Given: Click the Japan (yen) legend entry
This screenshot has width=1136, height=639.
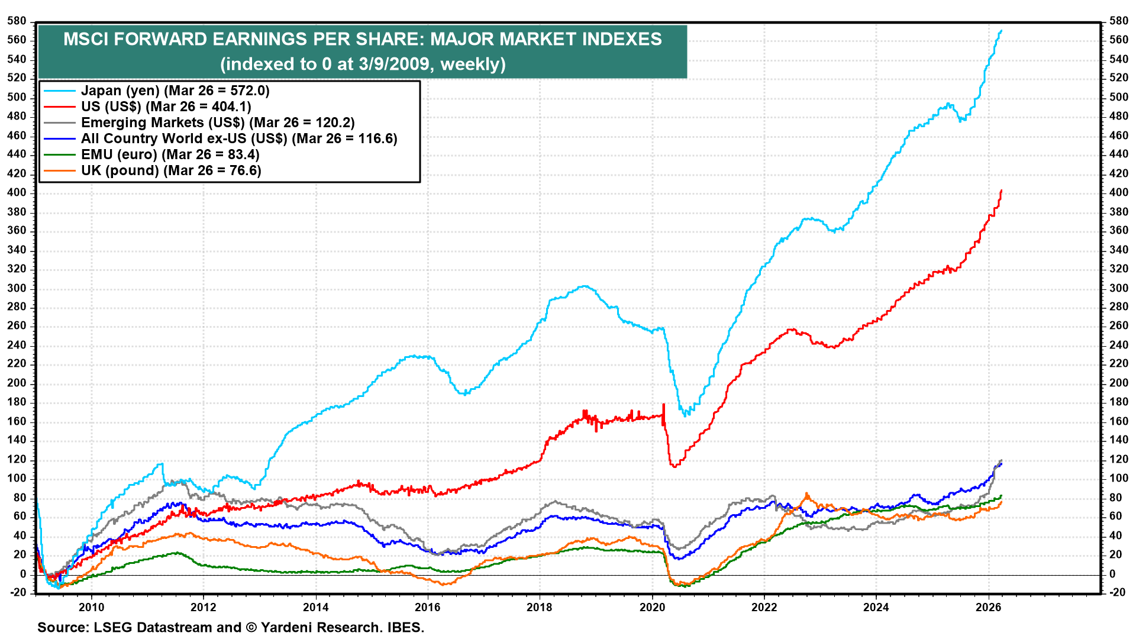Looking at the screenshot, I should (x=175, y=91).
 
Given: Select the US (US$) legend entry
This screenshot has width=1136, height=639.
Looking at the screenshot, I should (x=166, y=106).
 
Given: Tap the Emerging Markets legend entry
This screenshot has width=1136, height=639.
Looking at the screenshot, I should (x=218, y=122).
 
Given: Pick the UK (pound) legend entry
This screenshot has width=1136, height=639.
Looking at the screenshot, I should (x=171, y=170).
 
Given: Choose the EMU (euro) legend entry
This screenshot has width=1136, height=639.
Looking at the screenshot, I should (x=170, y=154).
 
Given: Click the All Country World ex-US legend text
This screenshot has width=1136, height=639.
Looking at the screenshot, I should (x=239, y=138).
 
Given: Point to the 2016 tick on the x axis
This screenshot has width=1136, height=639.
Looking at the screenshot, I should (x=427, y=607).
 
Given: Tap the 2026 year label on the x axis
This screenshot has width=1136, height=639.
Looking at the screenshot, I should (x=987, y=607).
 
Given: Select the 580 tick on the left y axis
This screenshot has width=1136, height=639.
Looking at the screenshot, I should (x=17, y=21).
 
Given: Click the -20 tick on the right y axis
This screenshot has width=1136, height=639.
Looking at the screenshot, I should (x=1117, y=592).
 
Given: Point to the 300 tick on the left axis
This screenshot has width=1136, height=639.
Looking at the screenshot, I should (x=17, y=288).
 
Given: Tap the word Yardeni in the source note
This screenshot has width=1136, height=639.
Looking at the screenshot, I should (x=291, y=627).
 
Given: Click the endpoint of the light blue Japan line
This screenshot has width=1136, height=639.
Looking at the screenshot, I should (x=1001, y=30).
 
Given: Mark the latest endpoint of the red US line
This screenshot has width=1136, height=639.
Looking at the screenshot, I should (x=1001, y=191).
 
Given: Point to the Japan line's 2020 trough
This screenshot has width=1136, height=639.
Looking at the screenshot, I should (x=686, y=415).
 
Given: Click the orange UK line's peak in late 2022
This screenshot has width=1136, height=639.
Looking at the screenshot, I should (x=806, y=494).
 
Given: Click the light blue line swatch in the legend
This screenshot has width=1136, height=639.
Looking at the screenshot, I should (x=60, y=91).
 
